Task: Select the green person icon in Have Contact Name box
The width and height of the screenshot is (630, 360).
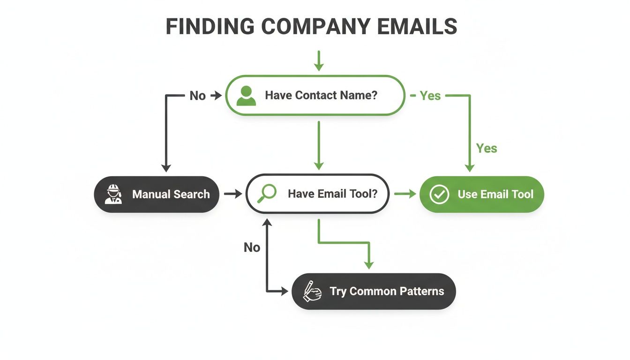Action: click(246, 96)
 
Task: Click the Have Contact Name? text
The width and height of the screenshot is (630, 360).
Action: click(321, 95)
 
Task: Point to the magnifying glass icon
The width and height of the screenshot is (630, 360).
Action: click(267, 193)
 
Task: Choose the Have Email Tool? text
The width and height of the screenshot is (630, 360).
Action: click(332, 194)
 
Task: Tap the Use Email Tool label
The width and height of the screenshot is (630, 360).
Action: click(495, 194)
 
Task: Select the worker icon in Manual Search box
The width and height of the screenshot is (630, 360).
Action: click(113, 194)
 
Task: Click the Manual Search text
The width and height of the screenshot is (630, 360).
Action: click(171, 194)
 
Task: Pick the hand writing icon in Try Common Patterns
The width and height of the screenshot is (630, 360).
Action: click(312, 292)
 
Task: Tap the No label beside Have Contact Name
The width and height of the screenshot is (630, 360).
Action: click(197, 96)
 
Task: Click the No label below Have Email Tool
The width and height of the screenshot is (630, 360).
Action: click(252, 247)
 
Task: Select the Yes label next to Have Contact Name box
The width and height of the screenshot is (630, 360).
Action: click(430, 96)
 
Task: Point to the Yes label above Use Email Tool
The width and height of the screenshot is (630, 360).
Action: click(487, 148)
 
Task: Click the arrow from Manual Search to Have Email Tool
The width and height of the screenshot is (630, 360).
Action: click(233, 194)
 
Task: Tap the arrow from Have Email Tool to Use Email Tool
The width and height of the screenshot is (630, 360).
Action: click(405, 194)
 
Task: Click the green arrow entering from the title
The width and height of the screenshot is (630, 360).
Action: click(319, 61)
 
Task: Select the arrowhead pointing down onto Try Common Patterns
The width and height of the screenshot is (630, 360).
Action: click(369, 264)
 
